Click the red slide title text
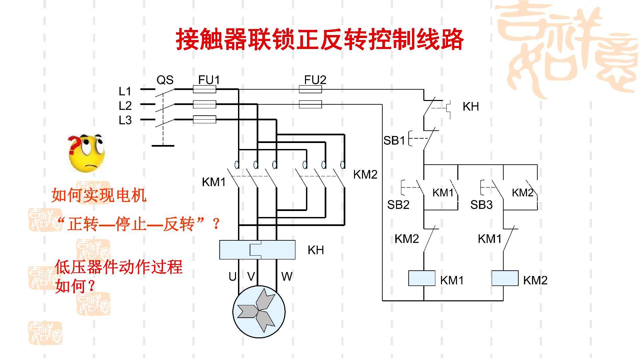319,39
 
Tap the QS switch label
165,80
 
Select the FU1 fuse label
209,80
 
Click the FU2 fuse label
315,80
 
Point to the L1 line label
125,91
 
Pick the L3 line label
125,120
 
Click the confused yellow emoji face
87,154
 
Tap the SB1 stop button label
394,141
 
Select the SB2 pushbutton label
398,205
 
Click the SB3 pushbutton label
481,205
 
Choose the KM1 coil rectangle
422,278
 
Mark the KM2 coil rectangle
505,278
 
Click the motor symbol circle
259,312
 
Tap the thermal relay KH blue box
257,250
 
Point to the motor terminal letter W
287,276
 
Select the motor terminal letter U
232,276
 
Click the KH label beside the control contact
471,107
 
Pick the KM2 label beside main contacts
365,175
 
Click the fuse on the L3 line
204,119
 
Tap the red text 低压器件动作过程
119,267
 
